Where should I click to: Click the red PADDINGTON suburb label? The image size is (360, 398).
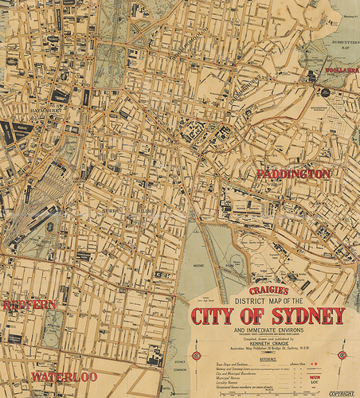click(292, 174)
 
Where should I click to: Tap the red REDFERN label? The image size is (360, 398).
click(29, 305)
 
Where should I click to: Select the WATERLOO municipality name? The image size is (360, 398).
click(64, 376)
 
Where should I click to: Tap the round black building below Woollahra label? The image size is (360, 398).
click(325, 92)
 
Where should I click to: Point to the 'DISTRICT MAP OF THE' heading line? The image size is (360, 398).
click(269, 300)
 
